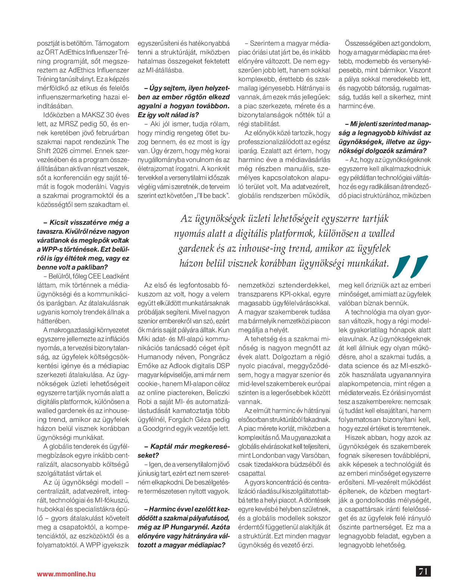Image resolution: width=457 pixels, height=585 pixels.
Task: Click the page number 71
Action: click(423, 571)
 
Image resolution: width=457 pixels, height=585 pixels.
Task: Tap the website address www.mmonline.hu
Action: click(66, 574)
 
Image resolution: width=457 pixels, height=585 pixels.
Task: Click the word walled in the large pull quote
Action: click(382, 234)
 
